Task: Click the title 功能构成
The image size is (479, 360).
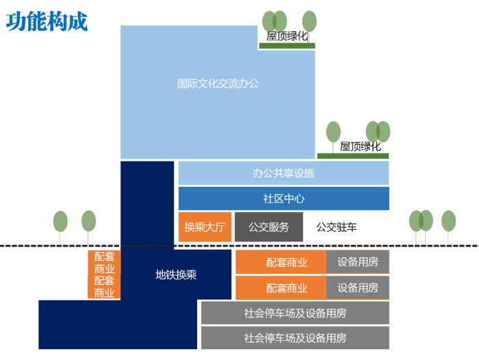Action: click(x=47, y=21)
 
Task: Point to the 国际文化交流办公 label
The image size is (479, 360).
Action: click(x=218, y=83)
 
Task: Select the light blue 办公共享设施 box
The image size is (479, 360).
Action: click(x=283, y=173)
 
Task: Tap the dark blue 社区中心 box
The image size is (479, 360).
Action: click(x=283, y=198)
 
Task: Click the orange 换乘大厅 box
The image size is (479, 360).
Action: click(x=204, y=227)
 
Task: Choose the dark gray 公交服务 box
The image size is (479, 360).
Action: click(x=268, y=227)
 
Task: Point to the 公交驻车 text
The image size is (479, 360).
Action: click(x=336, y=227)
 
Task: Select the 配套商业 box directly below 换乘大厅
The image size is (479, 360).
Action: click(x=281, y=262)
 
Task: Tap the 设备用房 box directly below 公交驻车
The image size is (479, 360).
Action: click(x=357, y=262)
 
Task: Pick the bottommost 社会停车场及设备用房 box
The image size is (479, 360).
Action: click(x=295, y=337)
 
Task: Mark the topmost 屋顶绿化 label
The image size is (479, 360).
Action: click(x=287, y=36)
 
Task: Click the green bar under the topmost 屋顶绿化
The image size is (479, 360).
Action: click(x=287, y=46)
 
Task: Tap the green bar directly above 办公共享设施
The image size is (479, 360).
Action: click(x=352, y=156)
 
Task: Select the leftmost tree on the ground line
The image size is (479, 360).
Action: click(x=60, y=222)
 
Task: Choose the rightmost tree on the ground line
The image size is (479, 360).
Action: click(x=448, y=222)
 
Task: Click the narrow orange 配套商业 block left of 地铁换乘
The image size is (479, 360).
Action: click(x=104, y=274)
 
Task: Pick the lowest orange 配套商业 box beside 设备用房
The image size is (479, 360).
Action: click(x=281, y=287)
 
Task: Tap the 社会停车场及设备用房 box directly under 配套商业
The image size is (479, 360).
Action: click(x=295, y=313)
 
